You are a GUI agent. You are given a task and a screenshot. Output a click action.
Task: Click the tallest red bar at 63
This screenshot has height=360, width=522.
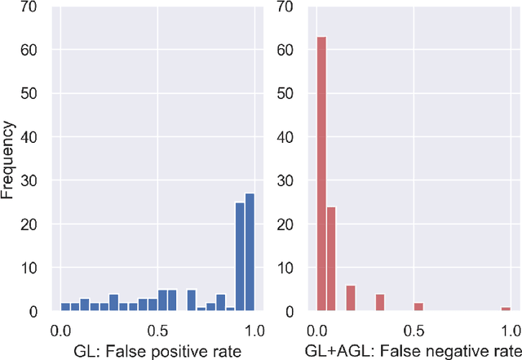pyautogui.click(x=321, y=173)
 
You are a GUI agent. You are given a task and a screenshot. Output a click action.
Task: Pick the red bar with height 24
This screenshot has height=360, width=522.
pyautogui.click(x=331, y=259)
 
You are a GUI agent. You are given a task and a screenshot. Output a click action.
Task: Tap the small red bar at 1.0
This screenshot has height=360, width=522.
pyautogui.click(x=506, y=309)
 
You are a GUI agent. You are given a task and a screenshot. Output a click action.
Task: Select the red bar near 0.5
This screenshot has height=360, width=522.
pyautogui.click(x=418, y=308)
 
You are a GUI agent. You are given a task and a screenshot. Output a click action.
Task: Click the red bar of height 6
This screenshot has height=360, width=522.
pyautogui.click(x=351, y=299)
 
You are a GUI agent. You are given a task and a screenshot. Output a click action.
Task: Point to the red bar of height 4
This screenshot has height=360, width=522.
pyautogui.click(x=379, y=303)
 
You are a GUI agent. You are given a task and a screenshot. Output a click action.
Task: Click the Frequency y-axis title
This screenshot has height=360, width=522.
pyautogui.click(x=10, y=161)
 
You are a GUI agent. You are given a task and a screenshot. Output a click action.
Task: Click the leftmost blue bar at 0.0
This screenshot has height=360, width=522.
pyautogui.click(x=65, y=308)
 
